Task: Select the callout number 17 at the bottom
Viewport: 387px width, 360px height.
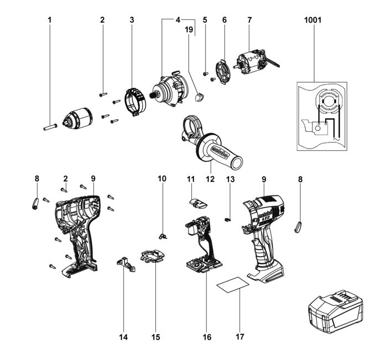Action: pos(239,336)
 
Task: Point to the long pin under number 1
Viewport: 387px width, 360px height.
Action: pos(50,125)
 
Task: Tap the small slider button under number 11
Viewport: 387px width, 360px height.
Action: pos(197,203)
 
